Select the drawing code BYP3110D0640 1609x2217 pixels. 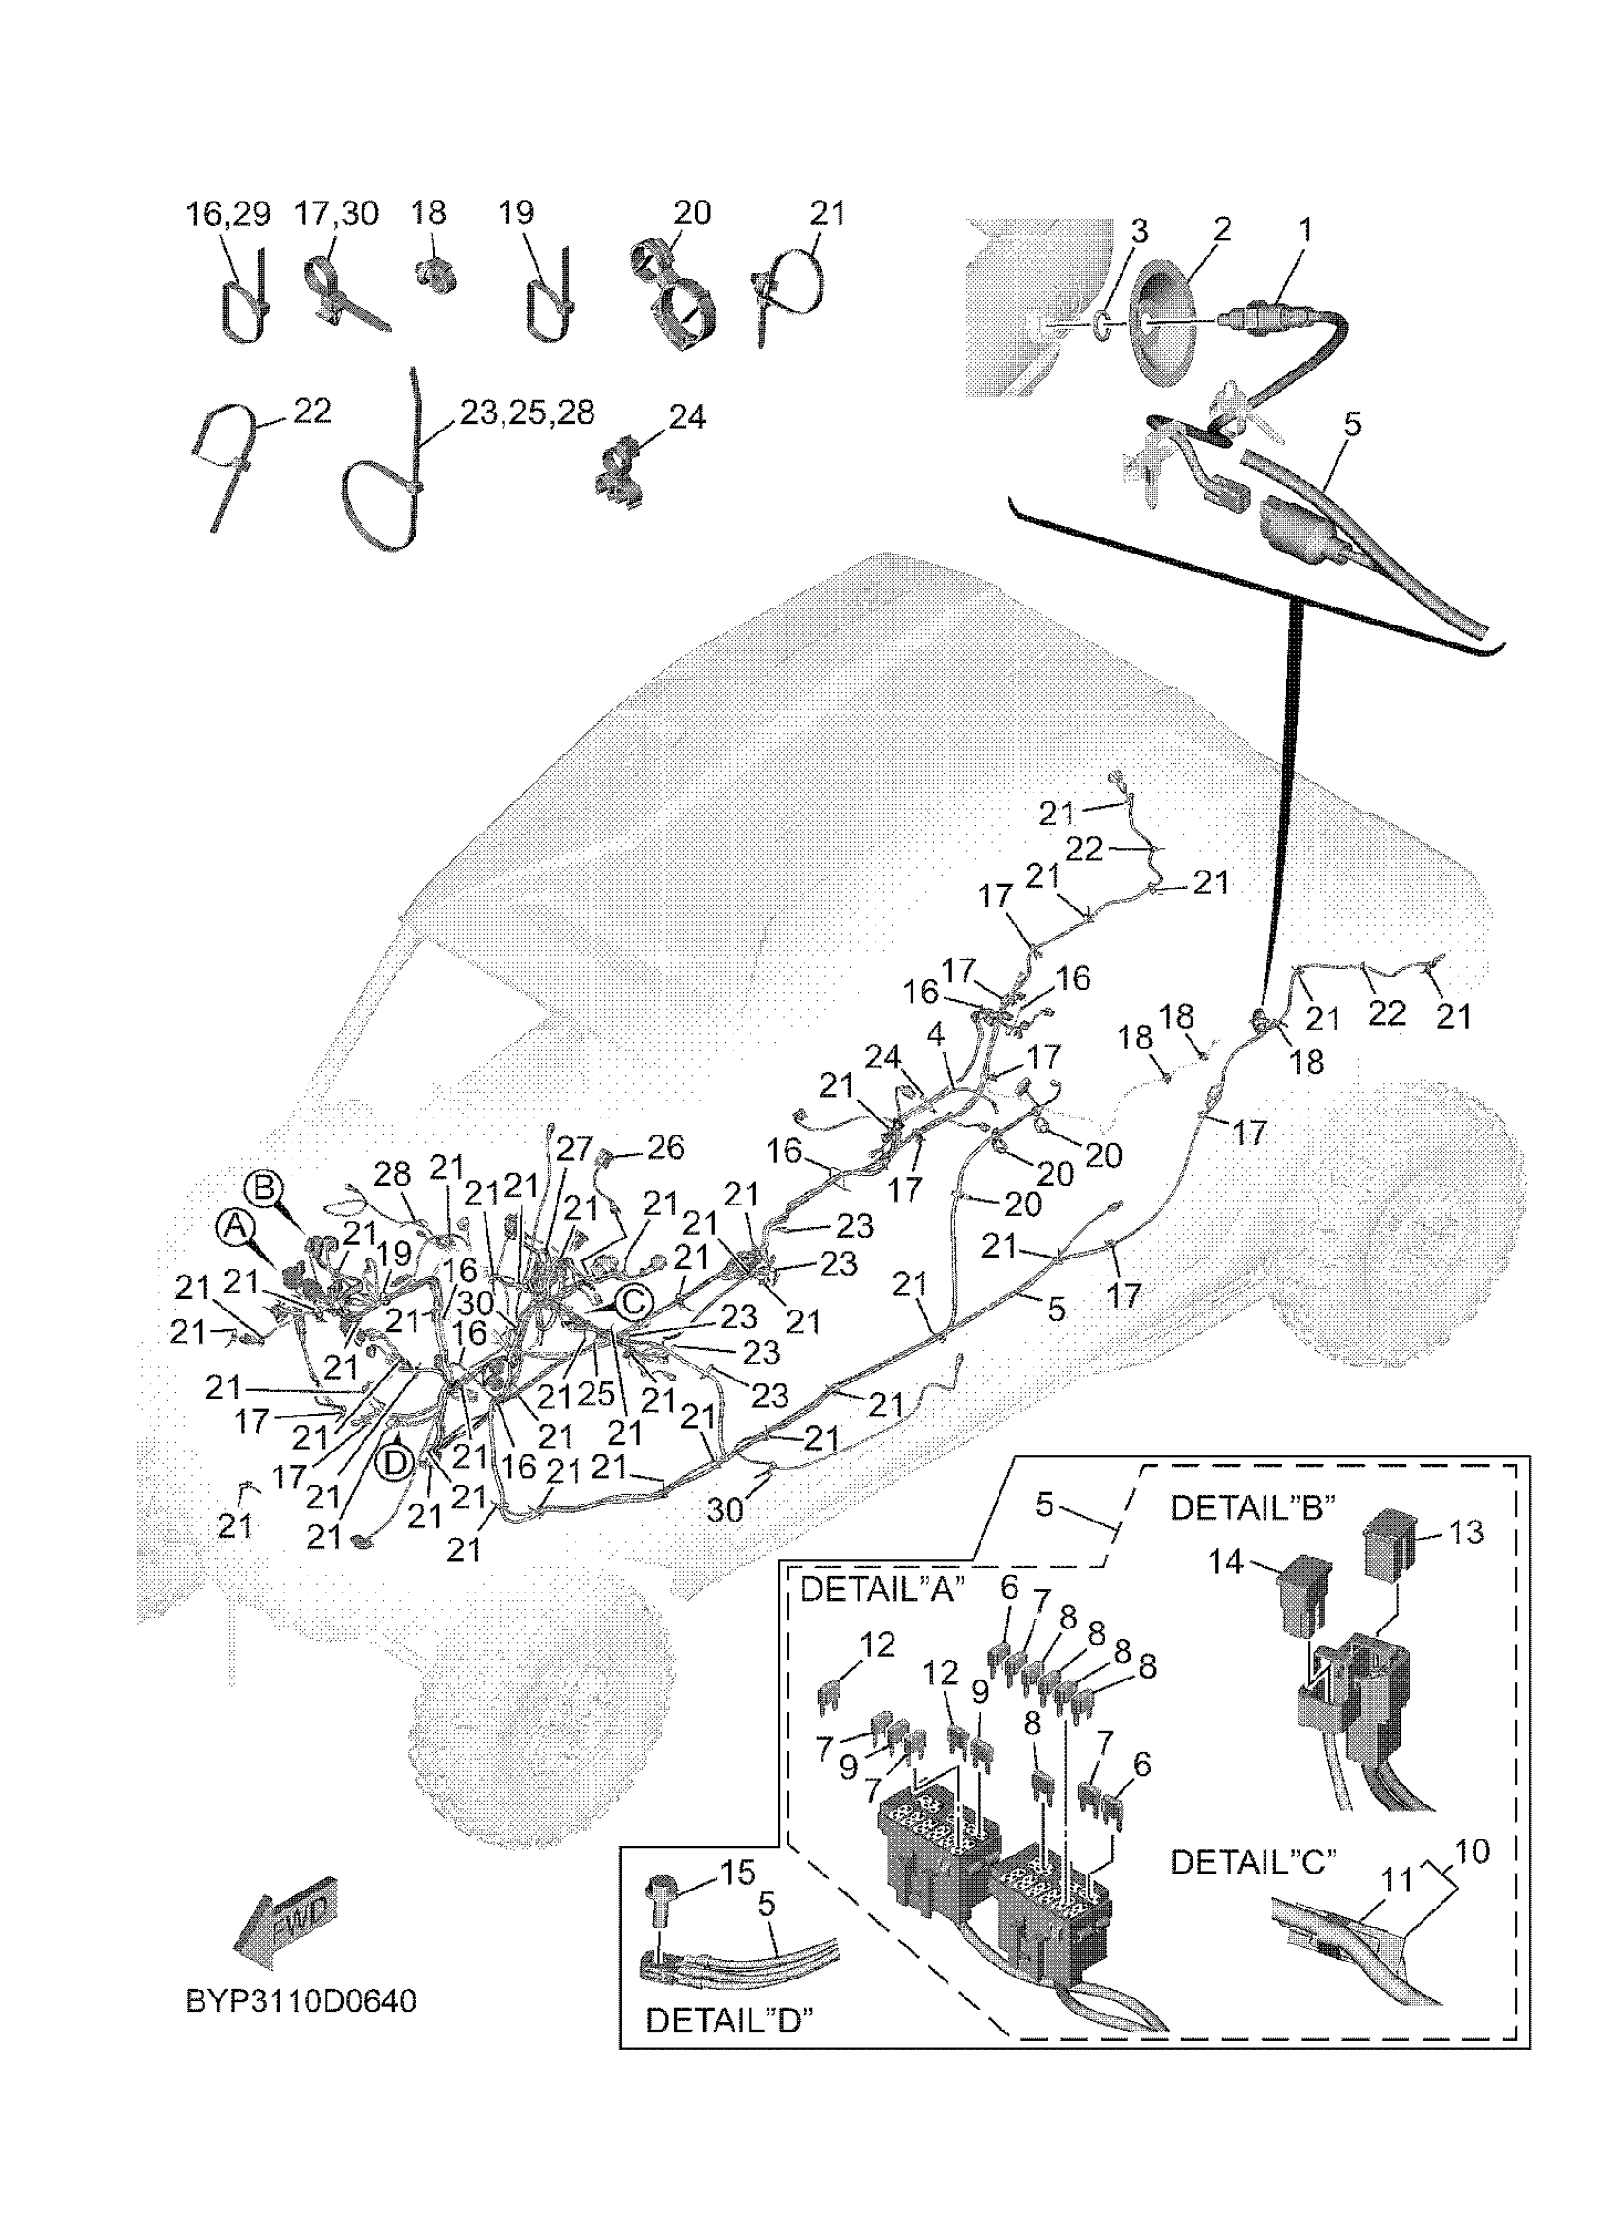301,2000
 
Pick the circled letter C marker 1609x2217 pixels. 633,1302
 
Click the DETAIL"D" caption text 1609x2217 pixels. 728,2020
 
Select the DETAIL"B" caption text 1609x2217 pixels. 1252,1507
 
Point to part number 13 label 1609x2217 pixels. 1465,1532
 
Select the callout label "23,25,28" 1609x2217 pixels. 527,413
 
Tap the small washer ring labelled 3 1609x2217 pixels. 1100,323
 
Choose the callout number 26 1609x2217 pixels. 664,1147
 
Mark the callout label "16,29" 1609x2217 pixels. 228,214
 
